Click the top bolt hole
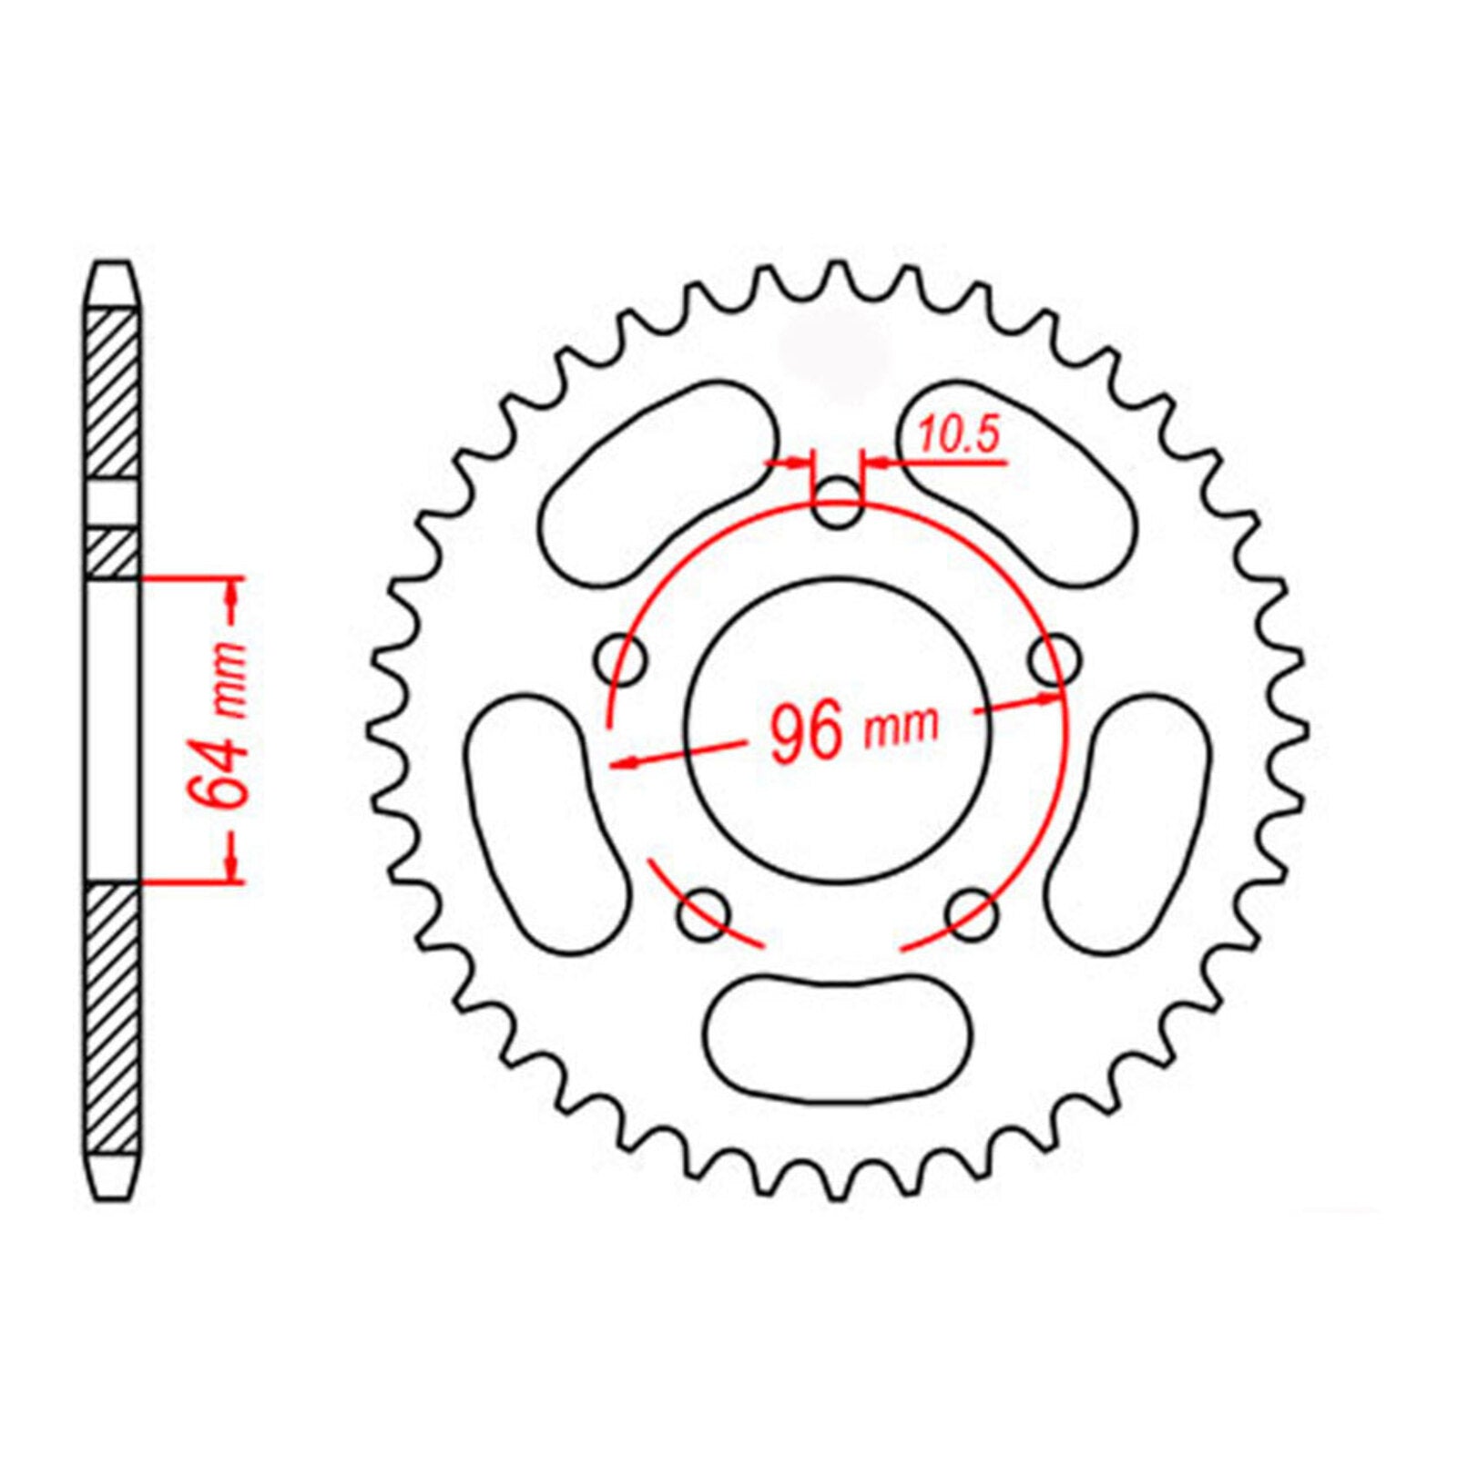[x=836, y=504]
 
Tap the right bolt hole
[x=1055, y=657]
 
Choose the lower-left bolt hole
[x=704, y=914]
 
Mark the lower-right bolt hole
[x=972, y=914]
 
